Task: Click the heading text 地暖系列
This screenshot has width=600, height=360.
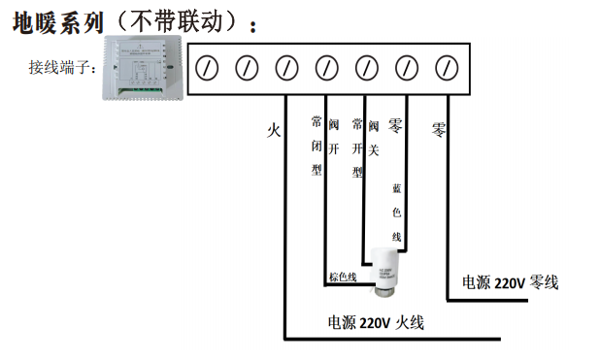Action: click(57, 21)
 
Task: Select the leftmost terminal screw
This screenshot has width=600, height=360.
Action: click(207, 68)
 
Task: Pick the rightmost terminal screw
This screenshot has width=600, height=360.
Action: click(446, 68)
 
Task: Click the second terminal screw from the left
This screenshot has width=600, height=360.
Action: click(247, 68)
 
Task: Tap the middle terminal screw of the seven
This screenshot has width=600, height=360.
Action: click(326, 68)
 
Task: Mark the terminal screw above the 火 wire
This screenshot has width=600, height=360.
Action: click(286, 68)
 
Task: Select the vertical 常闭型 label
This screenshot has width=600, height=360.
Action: click(316, 146)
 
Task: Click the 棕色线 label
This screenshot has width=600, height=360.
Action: click(342, 277)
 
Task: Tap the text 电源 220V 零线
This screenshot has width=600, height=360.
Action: click(510, 282)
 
